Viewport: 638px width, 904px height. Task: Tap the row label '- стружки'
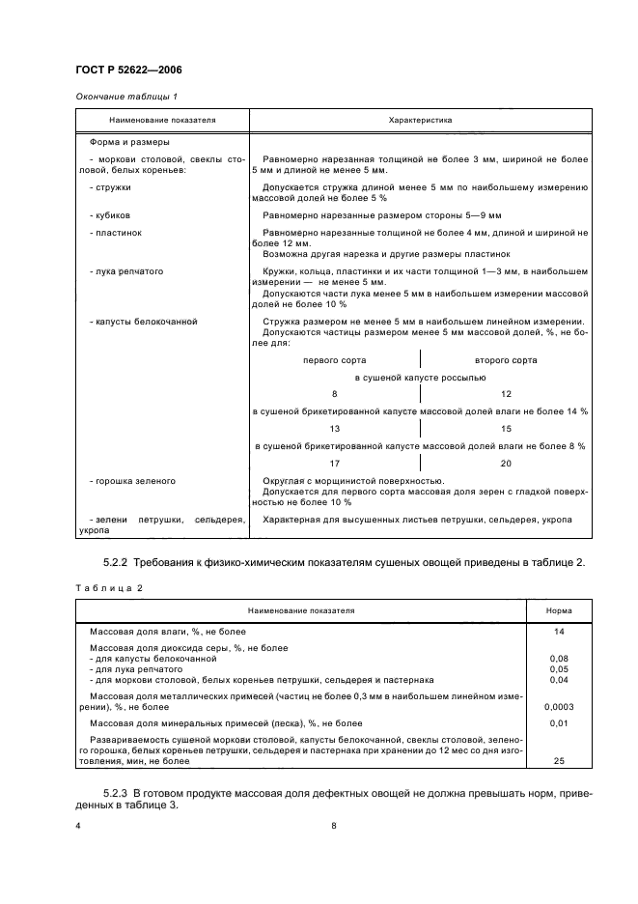pyautogui.click(x=110, y=187)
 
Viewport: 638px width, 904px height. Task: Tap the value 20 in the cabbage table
pyautogui.click(x=506, y=462)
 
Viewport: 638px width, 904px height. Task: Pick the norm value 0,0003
pyautogui.click(x=559, y=706)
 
